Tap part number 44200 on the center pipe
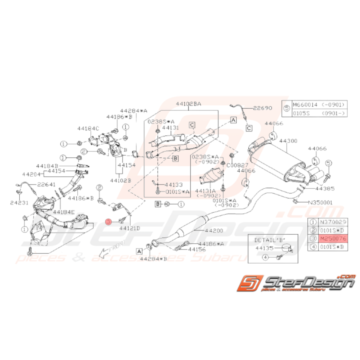tap(215, 230)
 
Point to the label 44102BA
tap(188, 104)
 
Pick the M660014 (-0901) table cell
tap(319, 105)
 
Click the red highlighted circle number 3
tap(109, 222)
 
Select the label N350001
tap(321, 202)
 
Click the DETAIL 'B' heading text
tap(267, 240)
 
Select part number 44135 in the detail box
tap(264, 249)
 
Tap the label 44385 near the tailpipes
tap(324, 189)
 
